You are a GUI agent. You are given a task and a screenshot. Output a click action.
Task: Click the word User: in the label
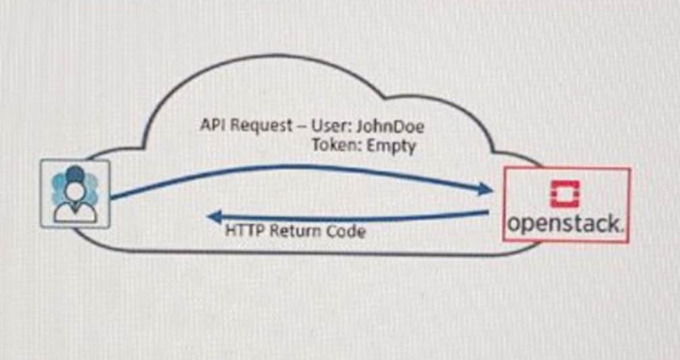tap(338, 126)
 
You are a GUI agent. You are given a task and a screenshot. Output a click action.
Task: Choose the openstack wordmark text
tap(562, 224)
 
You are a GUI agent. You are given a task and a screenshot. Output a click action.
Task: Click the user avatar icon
tap(75, 193)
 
